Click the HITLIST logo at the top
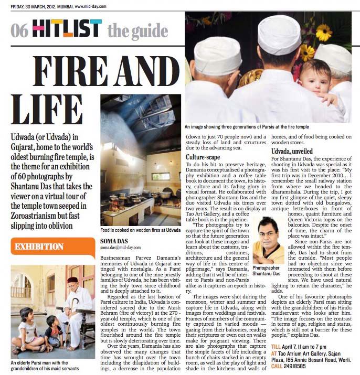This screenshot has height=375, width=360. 66,29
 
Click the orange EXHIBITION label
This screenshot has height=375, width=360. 39,247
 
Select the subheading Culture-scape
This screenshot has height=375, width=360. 202,157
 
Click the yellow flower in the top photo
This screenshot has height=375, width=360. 323,33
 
